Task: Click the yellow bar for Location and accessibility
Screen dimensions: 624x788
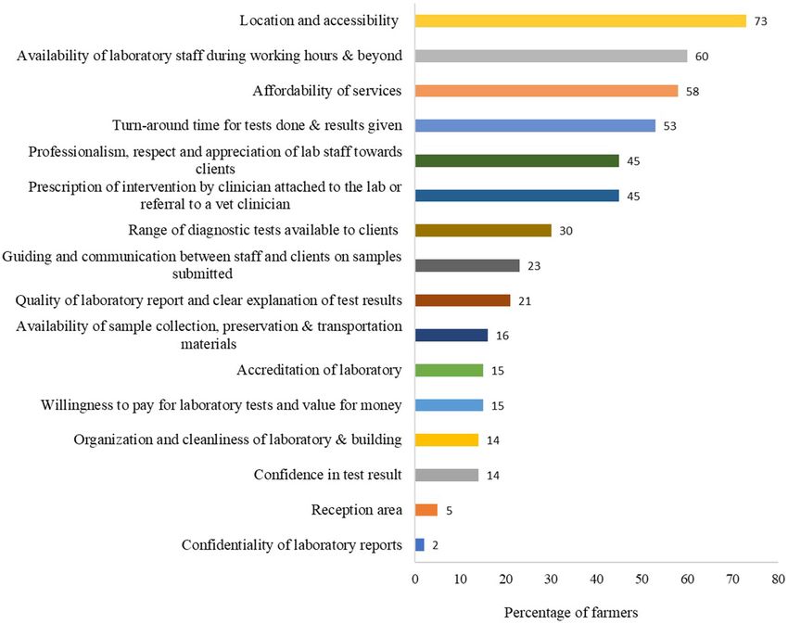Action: [x=580, y=20]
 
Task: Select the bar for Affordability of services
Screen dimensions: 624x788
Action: [x=547, y=91]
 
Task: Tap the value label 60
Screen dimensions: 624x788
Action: [x=703, y=56]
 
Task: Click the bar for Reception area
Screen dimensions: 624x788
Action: [x=426, y=510]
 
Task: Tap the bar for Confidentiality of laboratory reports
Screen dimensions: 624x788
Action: [x=420, y=545]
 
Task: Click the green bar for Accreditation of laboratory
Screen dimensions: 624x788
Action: [x=450, y=370]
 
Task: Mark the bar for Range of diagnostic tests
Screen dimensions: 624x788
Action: [x=483, y=230]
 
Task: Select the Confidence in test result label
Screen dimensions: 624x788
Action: [x=327, y=475]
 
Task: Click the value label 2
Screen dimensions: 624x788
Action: [x=436, y=545]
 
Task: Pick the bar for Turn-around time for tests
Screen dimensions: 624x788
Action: [x=535, y=125]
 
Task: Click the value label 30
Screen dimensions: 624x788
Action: [x=566, y=231]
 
